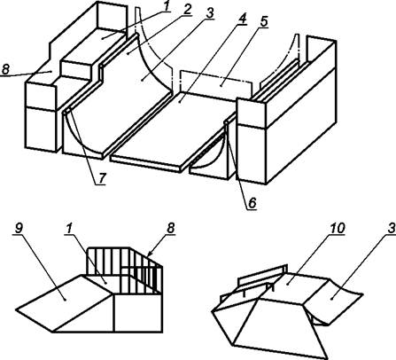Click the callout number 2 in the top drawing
(x=186, y=9)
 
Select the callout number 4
(x=242, y=20)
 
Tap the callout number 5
(x=263, y=22)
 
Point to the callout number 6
(x=252, y=203)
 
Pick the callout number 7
(x=101, y=178)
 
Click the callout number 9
(x=19, y=228)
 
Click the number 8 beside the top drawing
(x=5, y=69)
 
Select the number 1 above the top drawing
(x=167, y=6)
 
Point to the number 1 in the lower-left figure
(x=70, y=228)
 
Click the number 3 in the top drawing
(x=209, y=13)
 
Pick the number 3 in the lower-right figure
(x=392, y=228)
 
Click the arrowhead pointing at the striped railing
(x=149, y=254)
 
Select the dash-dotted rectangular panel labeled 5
(x=216, y=84)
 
